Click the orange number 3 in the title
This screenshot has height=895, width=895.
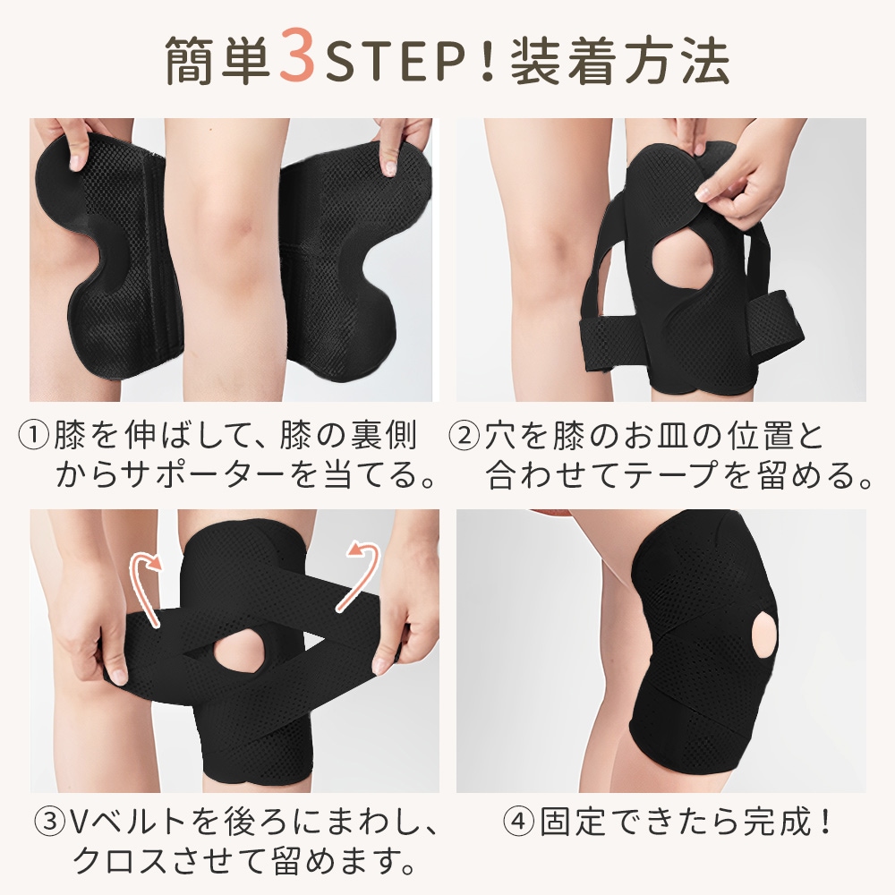pos(297,59)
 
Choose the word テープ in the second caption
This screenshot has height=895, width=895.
pos(672,473)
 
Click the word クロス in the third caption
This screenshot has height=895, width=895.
pos(121,860)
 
